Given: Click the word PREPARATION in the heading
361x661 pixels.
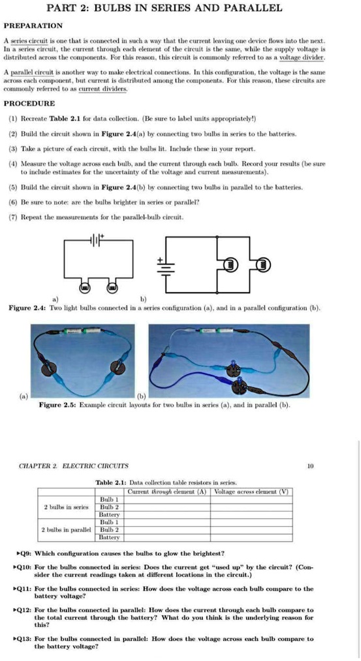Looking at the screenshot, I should point(33,26).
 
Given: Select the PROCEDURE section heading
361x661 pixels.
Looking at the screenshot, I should point(29,104).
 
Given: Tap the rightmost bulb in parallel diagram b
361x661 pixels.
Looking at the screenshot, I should point(262,265).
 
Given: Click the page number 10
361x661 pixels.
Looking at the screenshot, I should point(309,466).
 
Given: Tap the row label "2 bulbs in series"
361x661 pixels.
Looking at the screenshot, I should point(67,506).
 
